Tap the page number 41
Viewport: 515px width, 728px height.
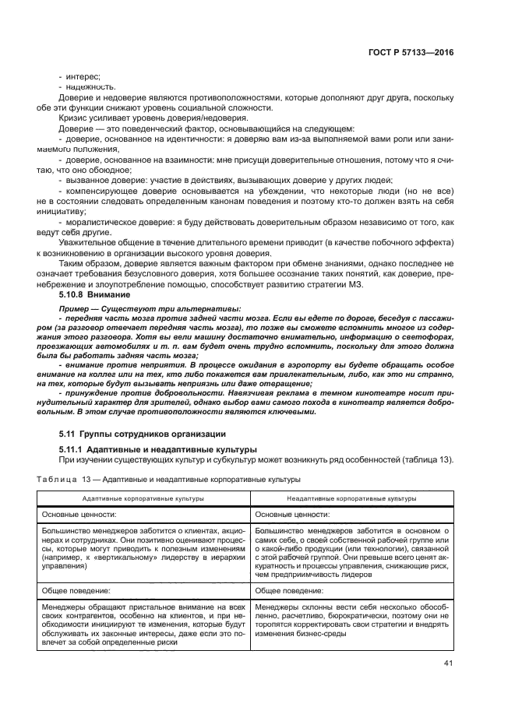tap(447, 663)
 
